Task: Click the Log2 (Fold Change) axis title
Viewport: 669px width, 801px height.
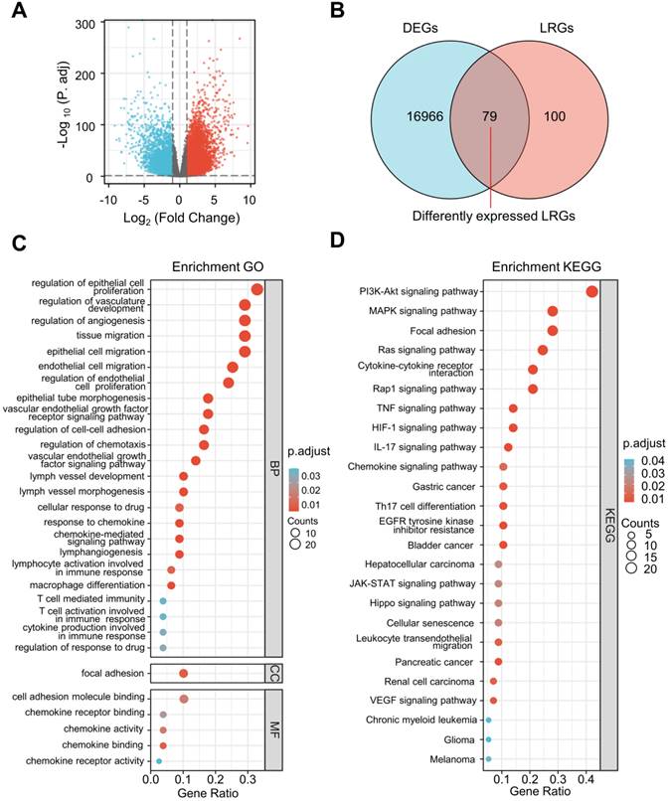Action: [180, 217]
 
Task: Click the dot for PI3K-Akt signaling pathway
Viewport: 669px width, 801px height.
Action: [592, 291]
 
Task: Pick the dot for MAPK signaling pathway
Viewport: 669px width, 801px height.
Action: [553, 312]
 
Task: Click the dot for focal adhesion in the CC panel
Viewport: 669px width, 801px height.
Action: [183, 673]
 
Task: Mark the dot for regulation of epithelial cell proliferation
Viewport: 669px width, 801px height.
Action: [257, 289]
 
